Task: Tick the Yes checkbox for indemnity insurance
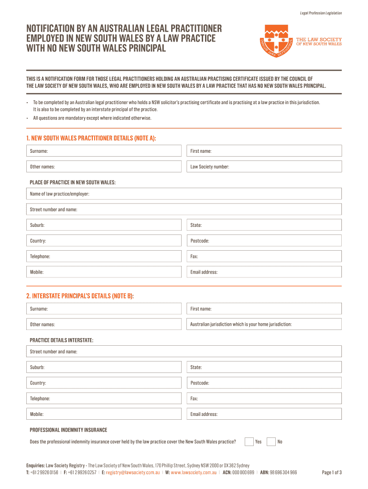click(249, 441)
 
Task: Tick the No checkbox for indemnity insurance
click(271, 441)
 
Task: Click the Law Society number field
click(264, 167)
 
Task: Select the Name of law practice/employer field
click(184, 194)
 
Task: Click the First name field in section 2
click(264, 309)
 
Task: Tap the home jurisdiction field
click(264, 324)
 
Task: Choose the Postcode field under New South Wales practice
click(264, 241)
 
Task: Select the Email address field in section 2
click(264, 414)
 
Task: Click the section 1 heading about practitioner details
click(91, 138)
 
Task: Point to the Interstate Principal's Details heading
click(80, 296)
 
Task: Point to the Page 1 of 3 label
click(332, 473)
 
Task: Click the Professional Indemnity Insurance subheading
click(68, 430)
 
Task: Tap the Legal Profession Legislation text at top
click(321, 13)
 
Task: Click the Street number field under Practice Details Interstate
click(184, 351)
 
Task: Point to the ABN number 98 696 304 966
click(283, 473)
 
